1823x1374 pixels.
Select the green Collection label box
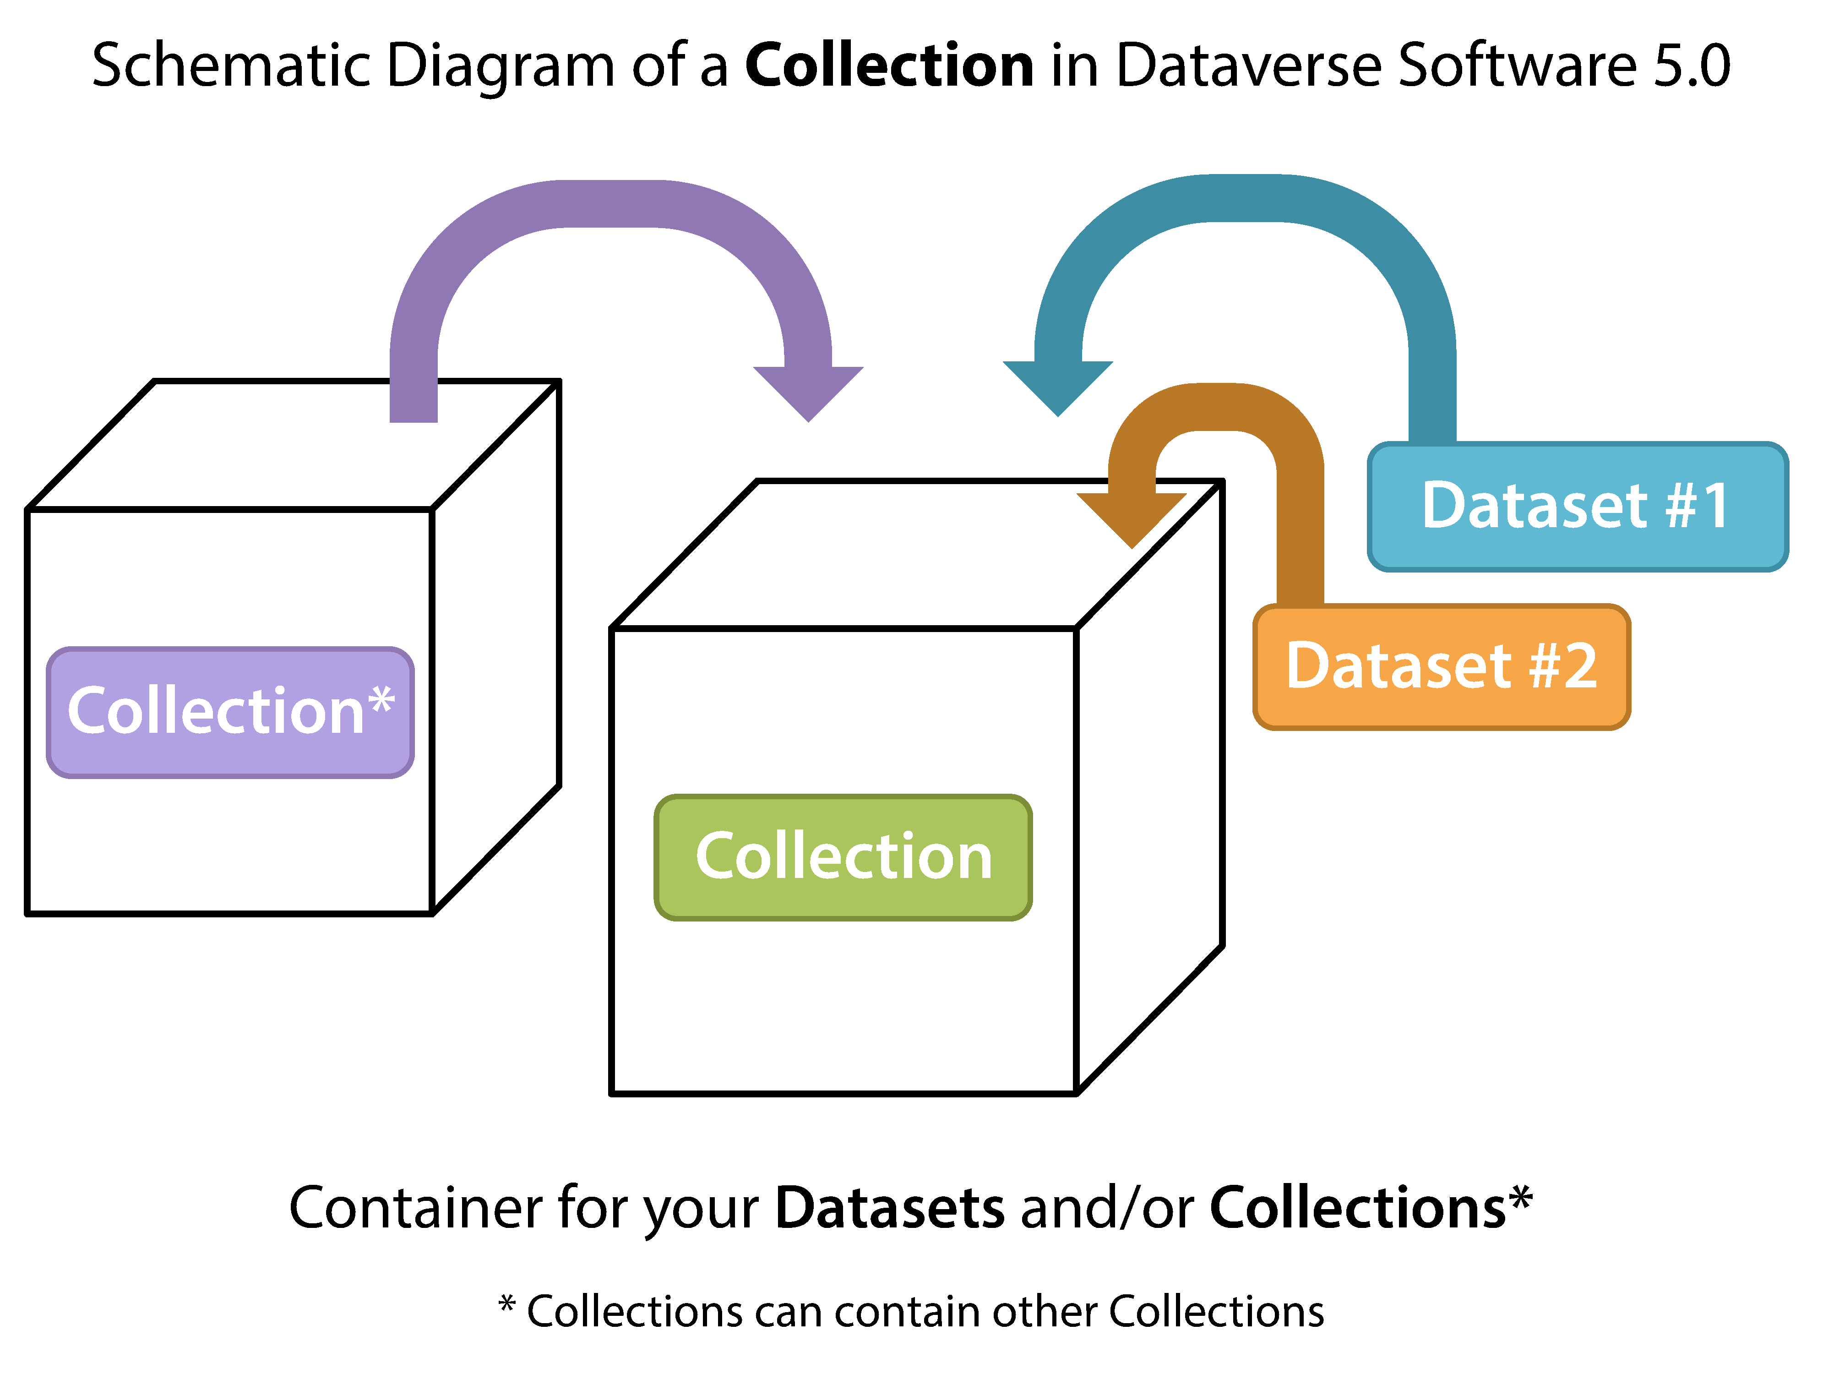pos(843,857)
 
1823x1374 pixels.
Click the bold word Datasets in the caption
pos(890,1207)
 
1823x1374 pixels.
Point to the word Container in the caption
pos(416,1207)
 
